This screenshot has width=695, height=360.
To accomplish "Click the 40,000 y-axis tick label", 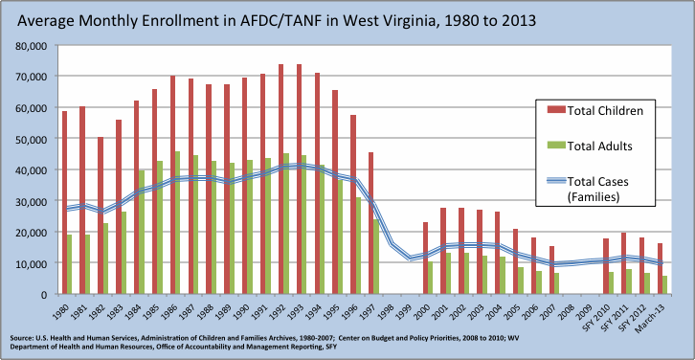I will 33,169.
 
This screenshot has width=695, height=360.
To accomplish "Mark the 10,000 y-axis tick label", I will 33,263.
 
